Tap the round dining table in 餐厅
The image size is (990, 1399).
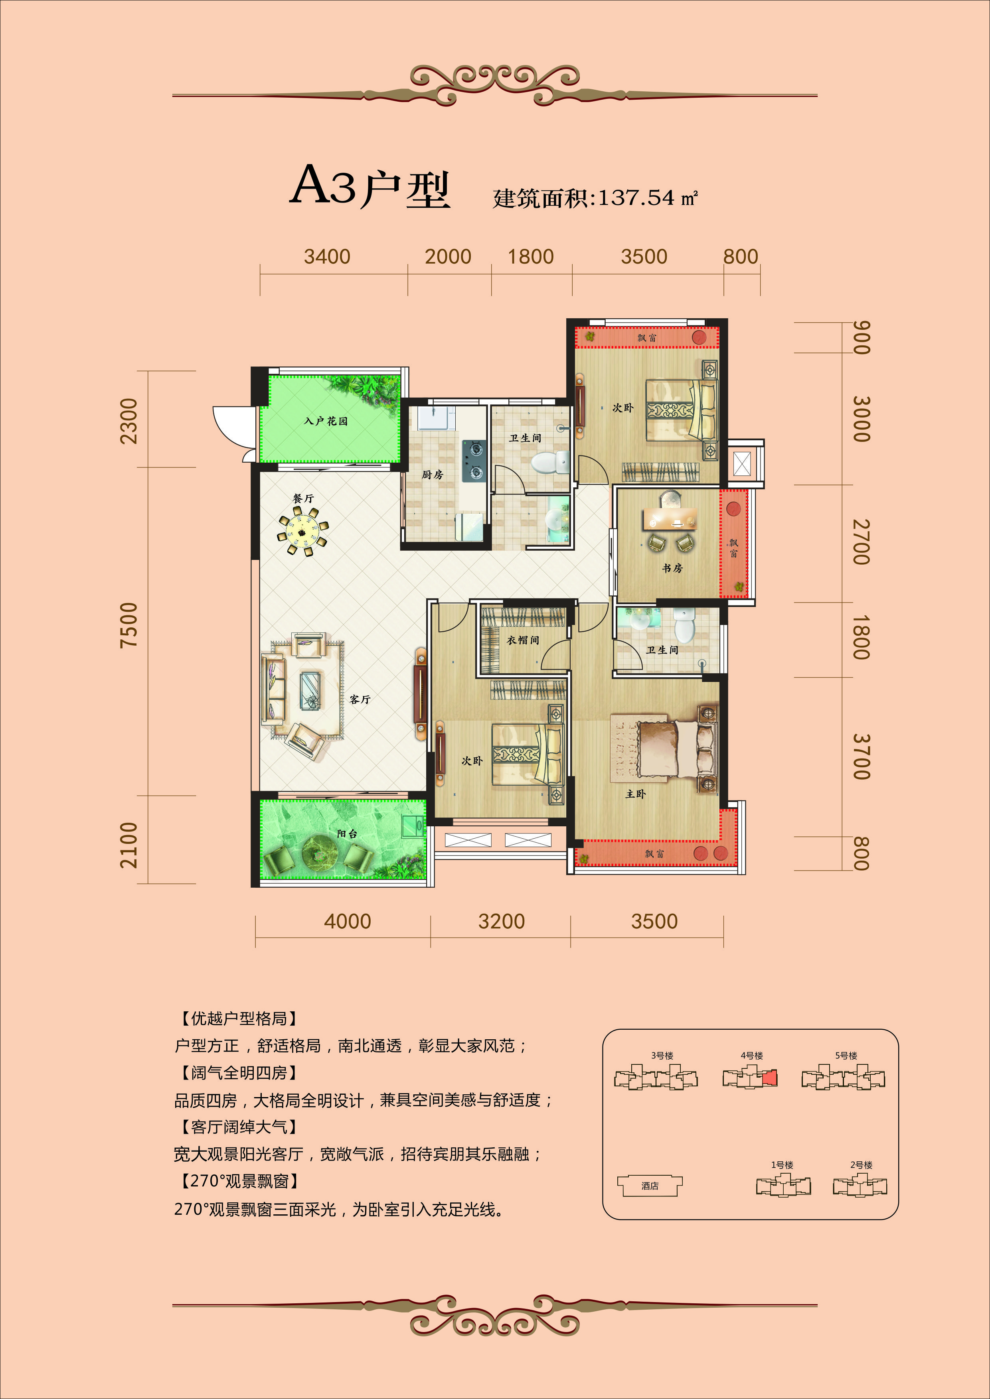point(302,530)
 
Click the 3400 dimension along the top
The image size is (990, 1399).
point(327,256)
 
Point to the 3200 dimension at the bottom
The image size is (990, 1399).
point(501,921)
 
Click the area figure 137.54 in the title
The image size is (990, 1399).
point(637,197)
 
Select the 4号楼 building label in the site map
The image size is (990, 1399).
point(752,1055)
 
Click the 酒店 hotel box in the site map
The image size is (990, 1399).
point(650,1186)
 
